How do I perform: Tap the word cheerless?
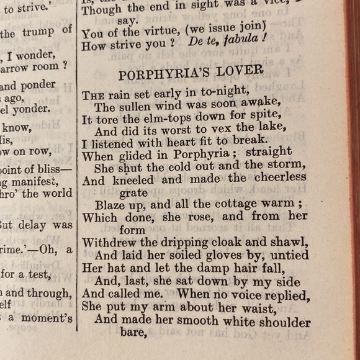(278, 178)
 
